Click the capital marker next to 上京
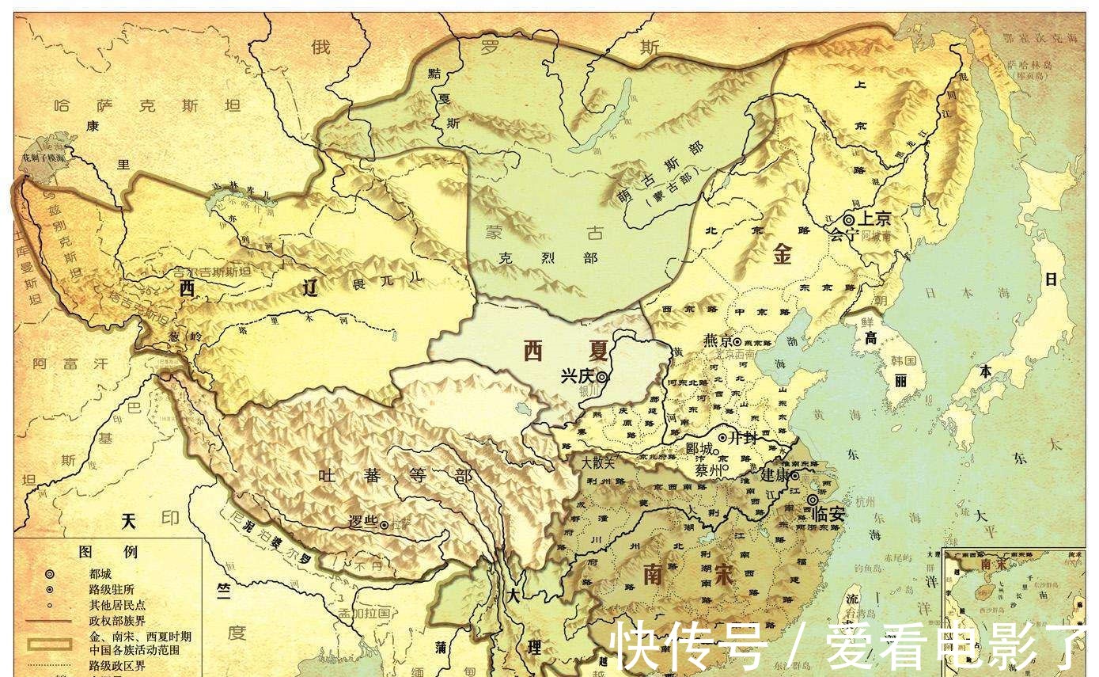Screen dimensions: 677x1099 tap(849, 219)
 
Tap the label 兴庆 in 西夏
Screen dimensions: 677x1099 tap(577, 377)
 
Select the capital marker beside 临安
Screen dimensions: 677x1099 tap(813, 500)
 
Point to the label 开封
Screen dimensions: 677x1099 tap(744, 437)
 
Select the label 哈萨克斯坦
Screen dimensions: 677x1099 tap(126, 105)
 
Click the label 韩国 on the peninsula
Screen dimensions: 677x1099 tap(903, 360)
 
